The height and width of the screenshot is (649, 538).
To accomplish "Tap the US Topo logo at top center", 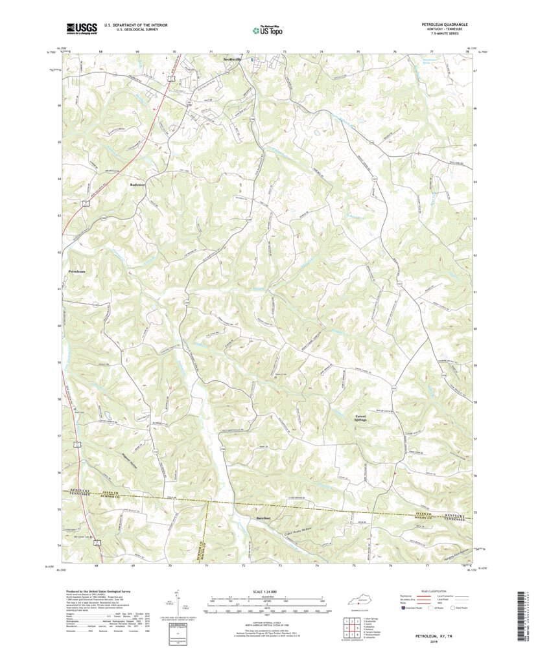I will (x=268, y=28).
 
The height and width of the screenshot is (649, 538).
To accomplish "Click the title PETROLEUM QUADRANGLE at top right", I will (x=444, y=24).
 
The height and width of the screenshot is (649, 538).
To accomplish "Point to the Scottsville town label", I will (x=231, y=59).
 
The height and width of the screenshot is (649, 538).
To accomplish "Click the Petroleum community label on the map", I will (x=76, y=271).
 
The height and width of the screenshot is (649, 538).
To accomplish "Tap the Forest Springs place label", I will (x=361, y=418).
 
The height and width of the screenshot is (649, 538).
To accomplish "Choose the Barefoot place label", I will (x=262, y=518).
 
